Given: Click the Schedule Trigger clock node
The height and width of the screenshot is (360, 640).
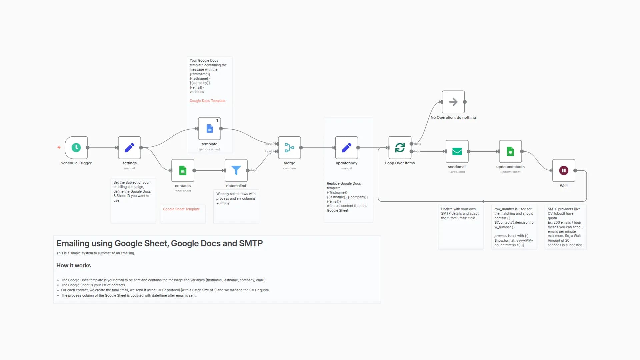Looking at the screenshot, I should point(76,147).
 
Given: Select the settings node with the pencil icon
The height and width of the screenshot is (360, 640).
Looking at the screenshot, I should point(129,147).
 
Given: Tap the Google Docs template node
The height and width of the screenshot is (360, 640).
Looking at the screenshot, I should point(209,129).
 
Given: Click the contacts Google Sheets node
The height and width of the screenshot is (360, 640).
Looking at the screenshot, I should point(183,170).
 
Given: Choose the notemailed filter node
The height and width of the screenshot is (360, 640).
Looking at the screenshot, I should point(236,170).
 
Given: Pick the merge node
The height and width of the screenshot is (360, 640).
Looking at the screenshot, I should point(289,147).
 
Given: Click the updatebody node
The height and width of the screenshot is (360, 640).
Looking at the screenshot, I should point(346,147).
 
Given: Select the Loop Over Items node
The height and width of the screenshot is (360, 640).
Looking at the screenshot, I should point(400,147).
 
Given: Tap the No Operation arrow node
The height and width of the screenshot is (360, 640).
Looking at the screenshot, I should point(453,102).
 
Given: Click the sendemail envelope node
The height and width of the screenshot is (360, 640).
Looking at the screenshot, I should point(457,151).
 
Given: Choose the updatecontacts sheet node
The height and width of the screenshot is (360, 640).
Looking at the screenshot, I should point(510,151).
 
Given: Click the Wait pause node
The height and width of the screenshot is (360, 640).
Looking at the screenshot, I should point(563,170).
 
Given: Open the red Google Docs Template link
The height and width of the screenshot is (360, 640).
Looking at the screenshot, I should point(207,101).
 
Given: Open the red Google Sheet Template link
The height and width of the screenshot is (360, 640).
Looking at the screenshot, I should point(181,209).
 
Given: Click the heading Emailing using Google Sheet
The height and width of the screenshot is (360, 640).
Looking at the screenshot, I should point(159,243).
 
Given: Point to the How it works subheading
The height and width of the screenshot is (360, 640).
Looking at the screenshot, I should point(73,265).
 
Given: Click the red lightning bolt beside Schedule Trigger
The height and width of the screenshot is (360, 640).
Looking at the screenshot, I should point(59,147).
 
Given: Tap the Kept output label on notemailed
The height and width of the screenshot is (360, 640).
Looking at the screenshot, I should point(254,170).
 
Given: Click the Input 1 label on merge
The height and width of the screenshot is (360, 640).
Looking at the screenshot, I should point(269,144).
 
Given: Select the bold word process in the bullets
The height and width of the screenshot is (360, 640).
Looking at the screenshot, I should point(75,295).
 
